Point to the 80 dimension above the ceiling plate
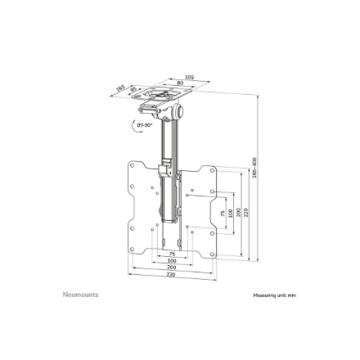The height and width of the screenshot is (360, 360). [180, 83]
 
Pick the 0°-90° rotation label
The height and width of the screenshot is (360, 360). [145, 125]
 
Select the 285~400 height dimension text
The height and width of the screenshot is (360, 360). [255, 170]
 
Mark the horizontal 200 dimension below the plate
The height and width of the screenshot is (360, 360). [172, 267]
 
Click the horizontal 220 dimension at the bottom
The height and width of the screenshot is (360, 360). [172, 274]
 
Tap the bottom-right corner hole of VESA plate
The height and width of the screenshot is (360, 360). [214, 254]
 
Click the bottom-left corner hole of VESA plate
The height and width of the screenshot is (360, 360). [131, 254]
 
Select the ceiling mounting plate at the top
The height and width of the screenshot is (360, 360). [163, 97]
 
